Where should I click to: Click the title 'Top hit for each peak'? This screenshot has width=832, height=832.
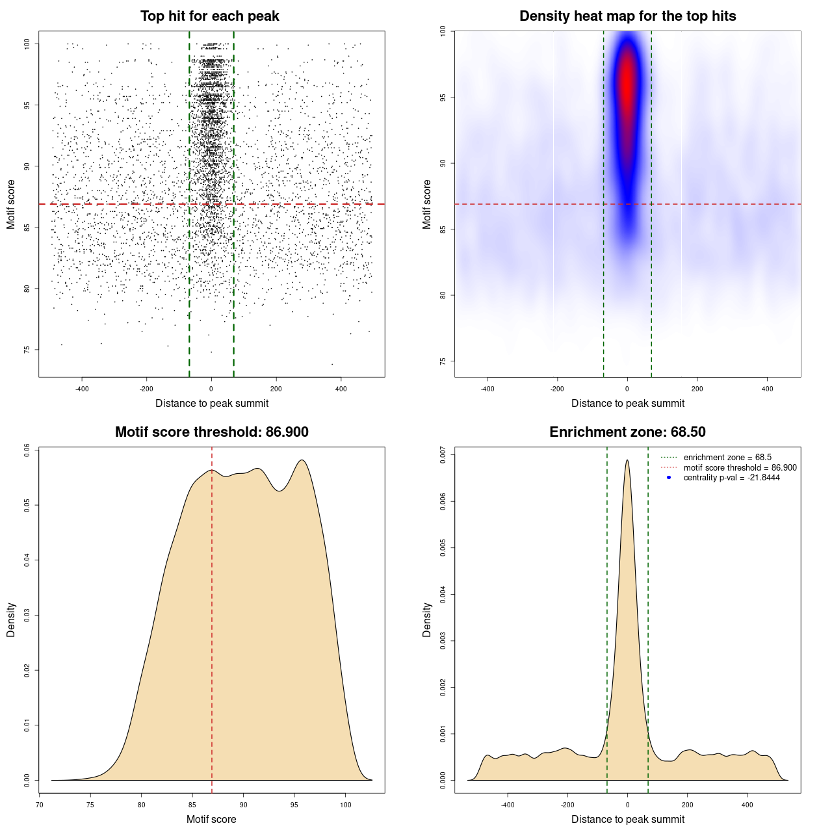(209, 16)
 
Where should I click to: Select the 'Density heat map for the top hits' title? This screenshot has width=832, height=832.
(627, 16)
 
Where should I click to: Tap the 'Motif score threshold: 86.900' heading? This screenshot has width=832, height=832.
(211, 432)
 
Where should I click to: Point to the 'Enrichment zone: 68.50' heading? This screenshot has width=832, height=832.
(627, 432)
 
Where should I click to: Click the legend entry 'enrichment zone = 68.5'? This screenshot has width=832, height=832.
(727, 458)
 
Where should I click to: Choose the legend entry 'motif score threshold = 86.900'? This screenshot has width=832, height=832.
(740, 468)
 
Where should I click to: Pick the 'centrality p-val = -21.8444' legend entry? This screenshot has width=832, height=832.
(731, 478)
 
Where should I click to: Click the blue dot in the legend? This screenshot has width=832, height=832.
(669, 478)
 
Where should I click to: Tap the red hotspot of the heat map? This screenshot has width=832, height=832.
(627, 81)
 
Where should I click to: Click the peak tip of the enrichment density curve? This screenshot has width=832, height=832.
(627, 460)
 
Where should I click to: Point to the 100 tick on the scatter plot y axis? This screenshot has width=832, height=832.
(27, 44)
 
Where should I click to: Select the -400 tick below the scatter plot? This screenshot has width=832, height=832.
(82, 389)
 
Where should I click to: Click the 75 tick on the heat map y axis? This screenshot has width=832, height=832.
(443, 361)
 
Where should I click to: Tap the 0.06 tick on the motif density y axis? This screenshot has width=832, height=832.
(27, 450)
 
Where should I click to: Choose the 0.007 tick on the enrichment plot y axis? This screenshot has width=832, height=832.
(443, 454)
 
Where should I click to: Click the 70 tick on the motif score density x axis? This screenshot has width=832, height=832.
(40, 805)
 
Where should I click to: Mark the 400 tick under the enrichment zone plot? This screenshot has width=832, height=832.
(747, 805)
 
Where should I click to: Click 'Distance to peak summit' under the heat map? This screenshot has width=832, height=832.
(627, 404)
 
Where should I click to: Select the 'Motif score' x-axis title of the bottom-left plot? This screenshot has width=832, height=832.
(211, 819)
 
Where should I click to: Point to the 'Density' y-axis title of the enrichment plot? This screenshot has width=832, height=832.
(427, 619)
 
